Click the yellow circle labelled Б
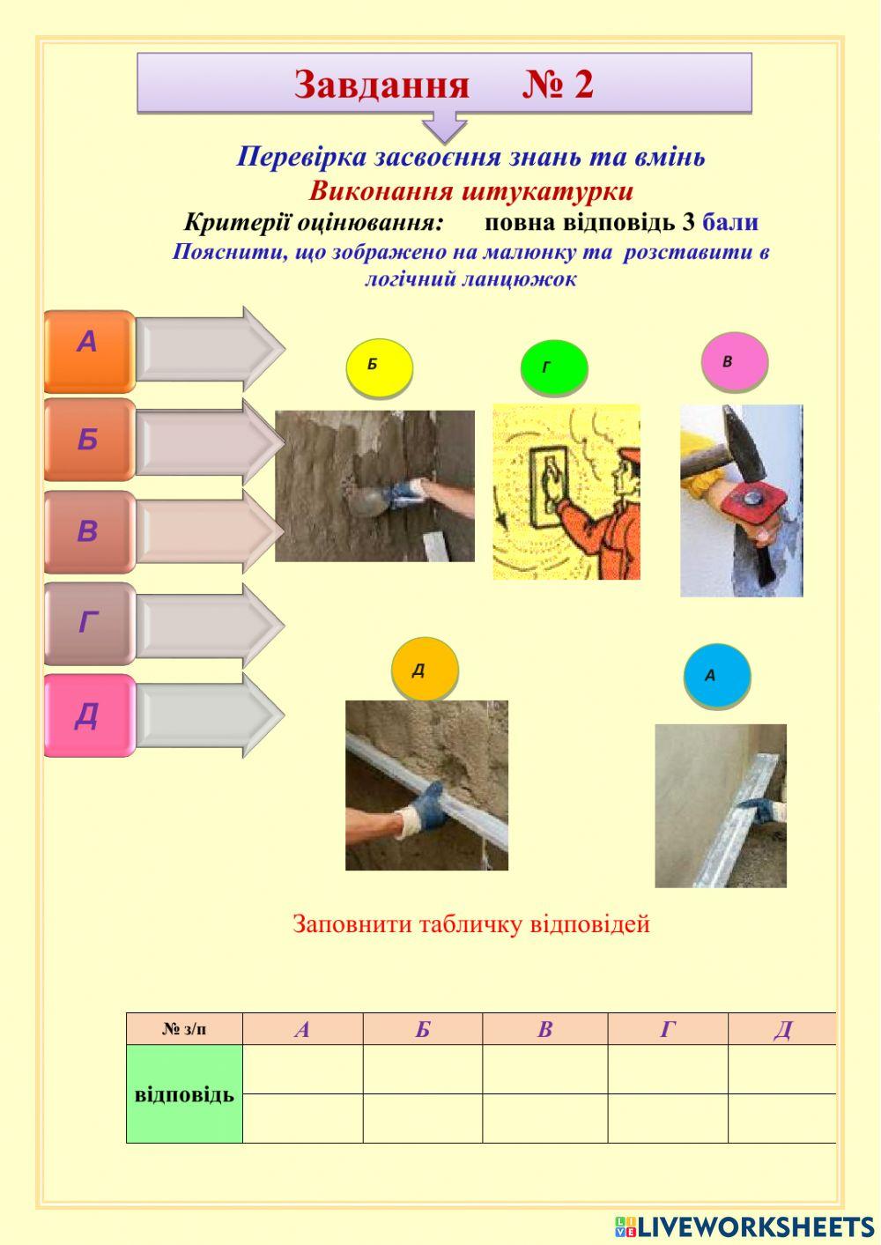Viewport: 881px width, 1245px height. point(379,365)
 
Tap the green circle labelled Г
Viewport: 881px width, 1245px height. point(553,367)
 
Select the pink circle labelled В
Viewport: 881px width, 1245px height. point(734,361)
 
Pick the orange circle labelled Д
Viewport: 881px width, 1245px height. point(425,670)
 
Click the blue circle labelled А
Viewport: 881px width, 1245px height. point(716,676)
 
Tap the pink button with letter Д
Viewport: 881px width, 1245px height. point(88,715)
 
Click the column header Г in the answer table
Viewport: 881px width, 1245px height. point(668,1029)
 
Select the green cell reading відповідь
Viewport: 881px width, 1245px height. point(184,1094)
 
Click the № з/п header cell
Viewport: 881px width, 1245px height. point(184,1029)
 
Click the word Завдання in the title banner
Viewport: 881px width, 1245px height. point(381,85)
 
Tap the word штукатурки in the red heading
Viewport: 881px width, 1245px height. point(546,191)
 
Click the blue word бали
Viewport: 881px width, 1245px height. point(730,222)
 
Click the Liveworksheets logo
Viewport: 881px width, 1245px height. point(744,1226)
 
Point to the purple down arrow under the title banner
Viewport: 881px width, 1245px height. point(444,126)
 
